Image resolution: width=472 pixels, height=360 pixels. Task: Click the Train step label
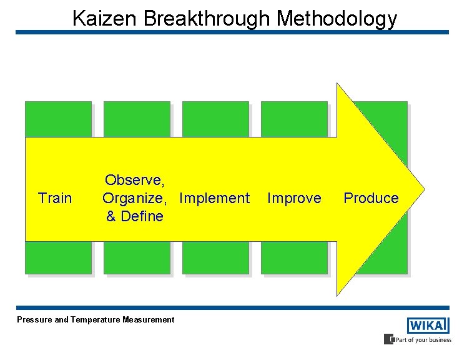55,199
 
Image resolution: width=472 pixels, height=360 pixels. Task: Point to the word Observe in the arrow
134,181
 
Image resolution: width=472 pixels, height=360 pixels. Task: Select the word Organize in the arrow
134,199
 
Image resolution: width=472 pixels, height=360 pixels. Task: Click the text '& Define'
134,217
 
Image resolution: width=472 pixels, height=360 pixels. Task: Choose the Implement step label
214,199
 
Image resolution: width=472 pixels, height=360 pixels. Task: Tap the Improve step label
294,199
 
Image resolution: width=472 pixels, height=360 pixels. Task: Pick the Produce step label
371,199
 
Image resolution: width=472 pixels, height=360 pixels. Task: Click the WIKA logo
428,326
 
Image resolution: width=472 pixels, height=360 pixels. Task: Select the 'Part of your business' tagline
422,340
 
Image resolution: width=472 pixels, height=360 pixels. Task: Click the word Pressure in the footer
34,320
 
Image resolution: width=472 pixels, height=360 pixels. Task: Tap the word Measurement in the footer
149,320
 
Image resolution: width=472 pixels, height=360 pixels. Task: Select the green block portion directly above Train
58,119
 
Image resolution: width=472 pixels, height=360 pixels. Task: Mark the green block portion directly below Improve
294,257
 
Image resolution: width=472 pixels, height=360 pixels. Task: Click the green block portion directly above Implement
215,119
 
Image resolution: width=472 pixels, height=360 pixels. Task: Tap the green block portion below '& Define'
137,257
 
